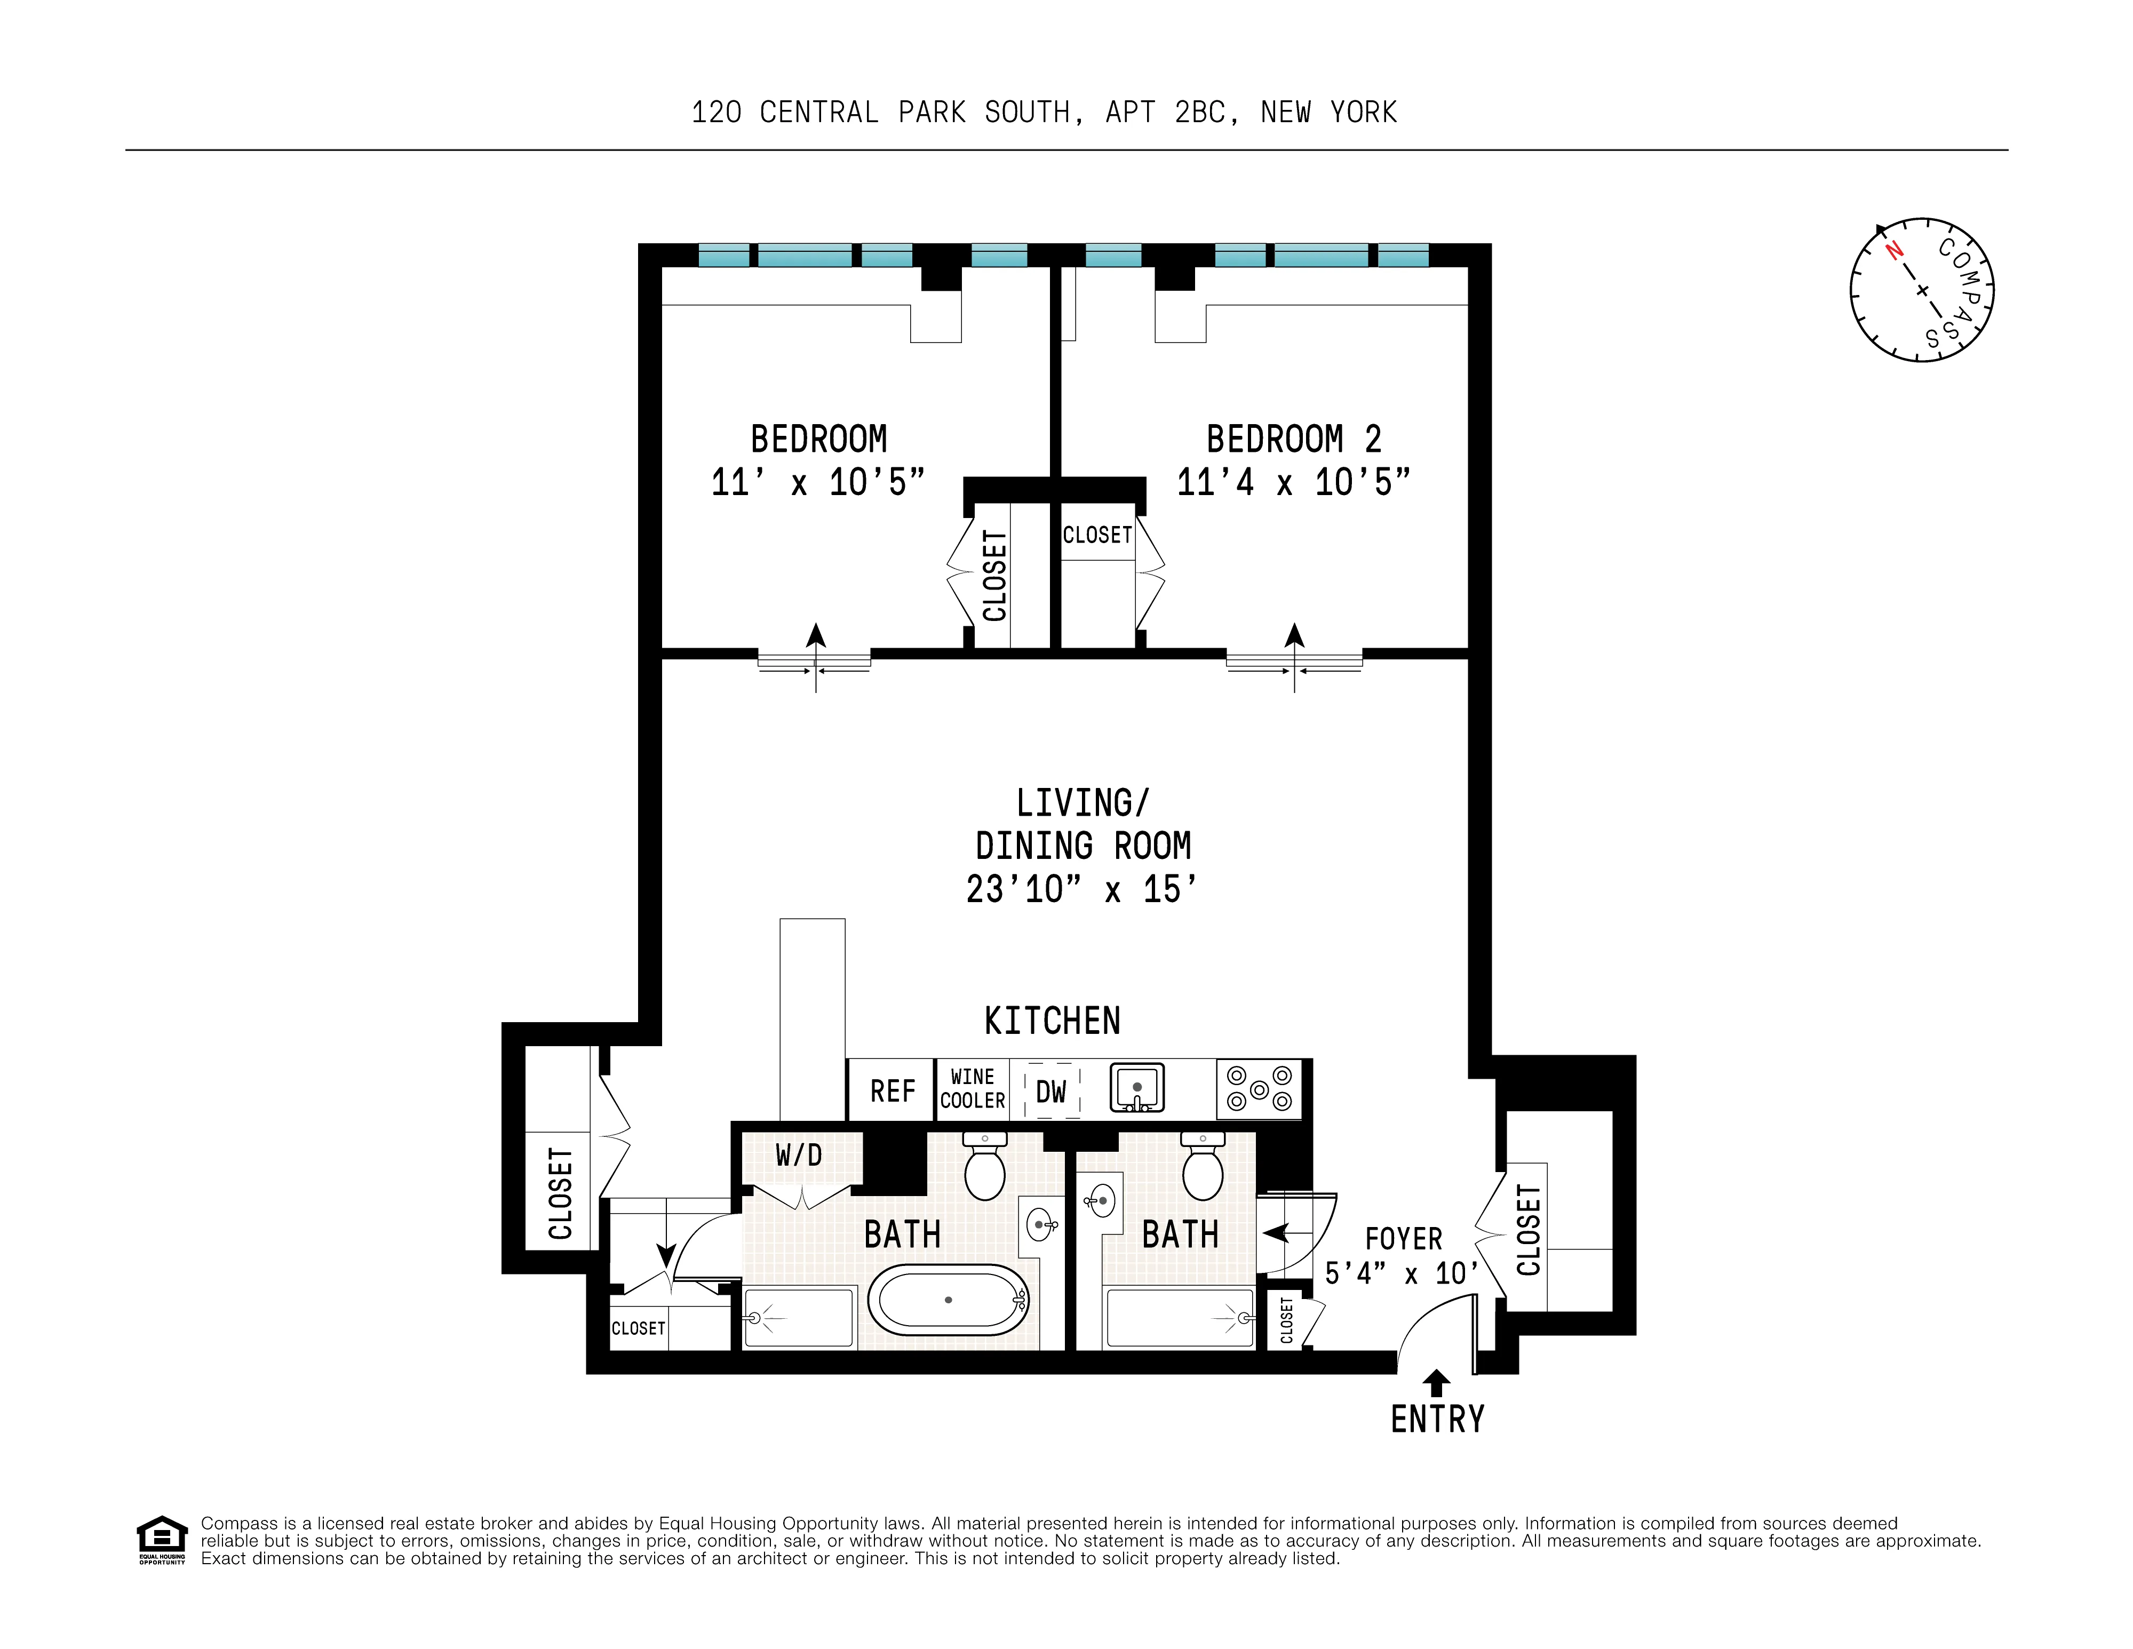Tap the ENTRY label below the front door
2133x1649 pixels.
pos(1437,1419)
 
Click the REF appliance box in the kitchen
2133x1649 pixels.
pos(892,1090)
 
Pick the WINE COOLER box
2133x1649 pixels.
pos(972,1089)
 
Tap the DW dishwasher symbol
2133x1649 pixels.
pos(1051,1090)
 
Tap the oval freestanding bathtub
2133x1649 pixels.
pos(948,1300)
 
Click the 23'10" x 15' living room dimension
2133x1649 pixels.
pos(1081,888)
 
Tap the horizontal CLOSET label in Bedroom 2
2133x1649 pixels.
pos(1097,535)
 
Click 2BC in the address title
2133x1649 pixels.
pos(1199,112)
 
